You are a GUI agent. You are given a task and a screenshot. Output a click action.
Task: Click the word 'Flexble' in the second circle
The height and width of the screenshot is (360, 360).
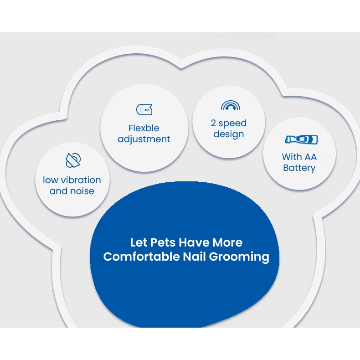(x=144, y=128)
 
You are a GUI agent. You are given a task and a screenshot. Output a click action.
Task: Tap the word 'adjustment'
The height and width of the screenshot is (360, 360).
(x=144, y=139)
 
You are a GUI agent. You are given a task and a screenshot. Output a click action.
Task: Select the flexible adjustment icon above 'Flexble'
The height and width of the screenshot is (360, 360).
(x=144, y=109)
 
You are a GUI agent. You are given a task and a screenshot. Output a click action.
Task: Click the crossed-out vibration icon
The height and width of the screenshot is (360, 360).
(x=73, y=160)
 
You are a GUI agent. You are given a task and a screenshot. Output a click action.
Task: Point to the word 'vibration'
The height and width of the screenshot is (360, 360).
(x=81, y=180)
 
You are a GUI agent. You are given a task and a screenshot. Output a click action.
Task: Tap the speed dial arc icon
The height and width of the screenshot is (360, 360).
(x=230, y=106)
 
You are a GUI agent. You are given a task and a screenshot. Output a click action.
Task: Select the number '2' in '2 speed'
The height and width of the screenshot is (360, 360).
(x=213, y=123)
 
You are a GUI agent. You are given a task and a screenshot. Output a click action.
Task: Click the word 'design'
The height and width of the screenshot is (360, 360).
(x=229, y=134)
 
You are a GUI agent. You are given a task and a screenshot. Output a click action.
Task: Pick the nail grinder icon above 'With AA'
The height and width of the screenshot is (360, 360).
(x=301, y=139)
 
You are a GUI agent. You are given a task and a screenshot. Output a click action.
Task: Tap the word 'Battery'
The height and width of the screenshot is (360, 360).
(x=299, y=168)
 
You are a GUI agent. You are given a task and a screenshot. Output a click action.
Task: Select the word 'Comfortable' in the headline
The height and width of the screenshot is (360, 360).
(x=141, y=257)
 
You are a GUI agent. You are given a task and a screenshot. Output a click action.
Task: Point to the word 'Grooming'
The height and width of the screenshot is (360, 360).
(x=239, y=257)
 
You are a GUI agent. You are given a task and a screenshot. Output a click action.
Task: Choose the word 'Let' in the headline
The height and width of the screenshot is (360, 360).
(x=139, y=242)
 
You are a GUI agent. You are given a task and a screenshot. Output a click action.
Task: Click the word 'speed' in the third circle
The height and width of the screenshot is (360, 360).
(x=232, y=123)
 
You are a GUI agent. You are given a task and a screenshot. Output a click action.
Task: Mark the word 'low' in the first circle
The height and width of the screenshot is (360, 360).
(x=51, y=180)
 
